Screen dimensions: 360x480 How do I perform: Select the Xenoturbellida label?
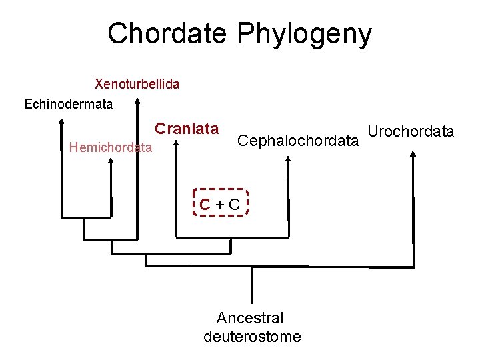[x=137, y=84]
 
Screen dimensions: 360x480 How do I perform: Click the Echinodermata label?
[x=69, y=104]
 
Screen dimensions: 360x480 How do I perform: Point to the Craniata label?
[x=187, y=128]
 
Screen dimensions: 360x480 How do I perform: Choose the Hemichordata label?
[x=111, y=147]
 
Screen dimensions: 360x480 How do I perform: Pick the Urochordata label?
[x=411, y=131]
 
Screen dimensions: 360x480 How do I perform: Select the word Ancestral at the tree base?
[x=250, y=318]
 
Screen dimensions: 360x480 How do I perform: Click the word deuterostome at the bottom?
[x=252, y=337]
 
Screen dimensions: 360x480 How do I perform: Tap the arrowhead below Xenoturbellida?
[x=137, y=102]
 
